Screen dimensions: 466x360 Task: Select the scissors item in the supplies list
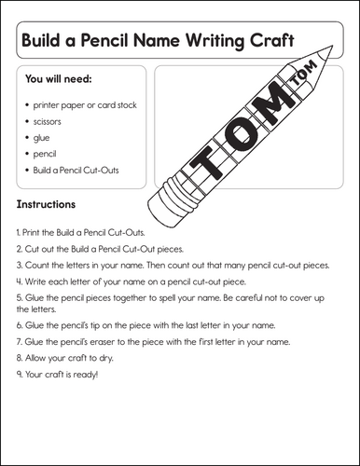(x=48, y=121)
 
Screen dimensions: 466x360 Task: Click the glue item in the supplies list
(x=43, y=137)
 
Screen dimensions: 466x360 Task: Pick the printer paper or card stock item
(x=84, y=105)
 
